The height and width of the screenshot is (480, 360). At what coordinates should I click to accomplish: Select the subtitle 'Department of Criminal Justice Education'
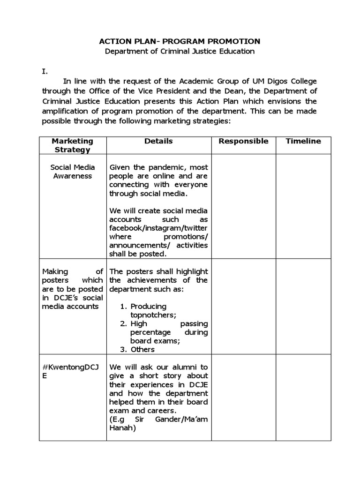click(x=180, y=52)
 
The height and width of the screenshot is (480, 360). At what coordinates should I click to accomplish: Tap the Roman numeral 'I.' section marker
click(x=45, y=72)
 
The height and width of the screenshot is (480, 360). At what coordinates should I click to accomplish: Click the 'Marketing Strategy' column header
click(x=73, y=145)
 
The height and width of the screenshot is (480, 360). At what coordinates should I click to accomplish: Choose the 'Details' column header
click(x=158, y=141)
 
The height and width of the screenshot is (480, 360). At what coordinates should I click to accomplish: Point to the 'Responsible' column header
click(x=244, y=141)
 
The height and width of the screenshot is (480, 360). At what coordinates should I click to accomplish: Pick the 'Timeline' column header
click(x=303, y=141)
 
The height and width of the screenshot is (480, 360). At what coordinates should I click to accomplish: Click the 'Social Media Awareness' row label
click(x=73, y=172)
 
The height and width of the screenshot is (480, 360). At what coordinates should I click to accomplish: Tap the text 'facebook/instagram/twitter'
click(x=158, y=228)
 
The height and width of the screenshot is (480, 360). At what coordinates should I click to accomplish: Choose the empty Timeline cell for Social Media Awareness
click(x=303, y=206)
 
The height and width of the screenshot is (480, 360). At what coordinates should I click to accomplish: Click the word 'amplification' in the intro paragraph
click(x=65, y=111)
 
